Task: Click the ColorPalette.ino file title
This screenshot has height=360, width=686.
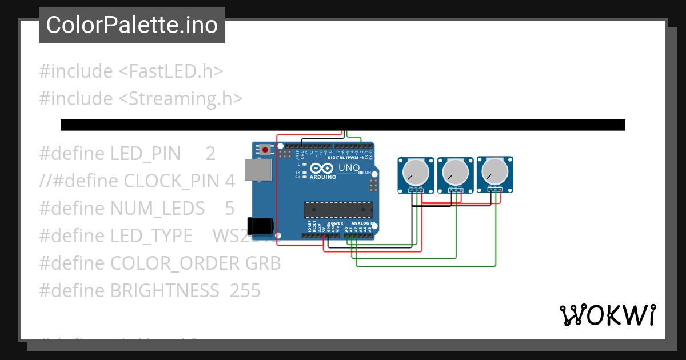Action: (132, 25)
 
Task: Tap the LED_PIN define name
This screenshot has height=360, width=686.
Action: (145, 154)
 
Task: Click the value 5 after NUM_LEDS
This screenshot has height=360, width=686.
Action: (229, 209)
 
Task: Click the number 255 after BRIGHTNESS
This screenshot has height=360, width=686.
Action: (245, 291)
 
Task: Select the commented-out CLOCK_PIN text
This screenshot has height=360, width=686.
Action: (137, 181)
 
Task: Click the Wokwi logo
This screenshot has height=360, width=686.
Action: (607, 315)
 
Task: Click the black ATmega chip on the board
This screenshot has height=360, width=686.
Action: (338, 210)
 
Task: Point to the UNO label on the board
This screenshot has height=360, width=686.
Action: (349, 168)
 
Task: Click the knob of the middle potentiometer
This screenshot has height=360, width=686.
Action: (455, 171)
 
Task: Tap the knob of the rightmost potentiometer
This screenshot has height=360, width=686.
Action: (494, 170)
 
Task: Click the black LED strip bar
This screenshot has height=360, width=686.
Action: (343, 125)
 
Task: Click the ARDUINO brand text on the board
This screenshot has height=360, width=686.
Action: (323, 177)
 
